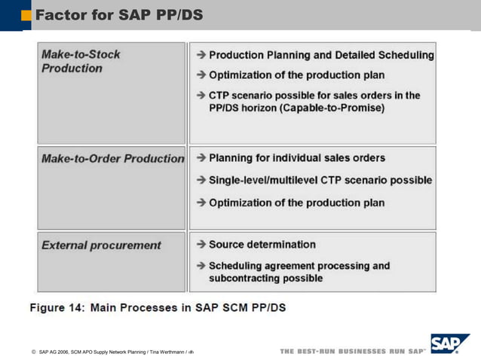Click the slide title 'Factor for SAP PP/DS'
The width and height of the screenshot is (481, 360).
(119, 14)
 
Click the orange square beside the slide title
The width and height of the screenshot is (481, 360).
(26, 15)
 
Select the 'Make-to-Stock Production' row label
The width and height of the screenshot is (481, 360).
(81, 61)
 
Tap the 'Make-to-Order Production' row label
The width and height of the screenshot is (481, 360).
(112, 159)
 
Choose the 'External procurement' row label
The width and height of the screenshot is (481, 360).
(101, 246)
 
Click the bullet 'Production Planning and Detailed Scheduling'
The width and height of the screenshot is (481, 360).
(321, 55)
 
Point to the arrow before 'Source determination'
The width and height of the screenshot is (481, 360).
(201, 245)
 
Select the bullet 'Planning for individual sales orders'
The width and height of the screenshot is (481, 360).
(296, 158)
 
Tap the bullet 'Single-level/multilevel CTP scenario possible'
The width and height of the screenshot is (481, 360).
(320, 181)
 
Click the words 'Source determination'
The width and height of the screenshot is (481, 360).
(262, 245)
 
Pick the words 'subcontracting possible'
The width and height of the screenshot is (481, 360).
(265, 278)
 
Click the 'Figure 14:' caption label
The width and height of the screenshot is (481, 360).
(57, 307)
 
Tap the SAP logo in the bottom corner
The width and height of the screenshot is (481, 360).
(449, 345)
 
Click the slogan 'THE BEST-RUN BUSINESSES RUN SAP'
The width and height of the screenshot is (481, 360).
(352, 352)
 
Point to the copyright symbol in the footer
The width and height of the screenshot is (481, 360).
(34, 352)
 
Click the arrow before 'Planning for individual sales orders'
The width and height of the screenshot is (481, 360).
(201, 158)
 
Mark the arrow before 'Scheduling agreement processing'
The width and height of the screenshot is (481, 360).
(201, 266)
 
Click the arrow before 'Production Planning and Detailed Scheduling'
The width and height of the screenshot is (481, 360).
(201, 55)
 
